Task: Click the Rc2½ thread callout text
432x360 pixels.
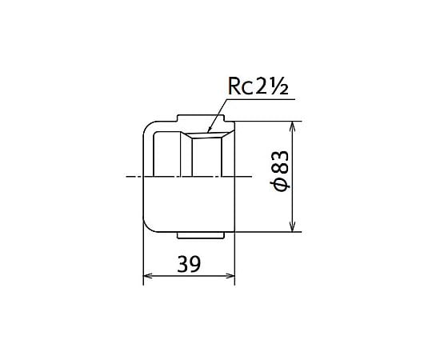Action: pyautogui.click(x=258, y=86)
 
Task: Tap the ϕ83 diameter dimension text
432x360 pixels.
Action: pyautogui.click(x=280, y=170)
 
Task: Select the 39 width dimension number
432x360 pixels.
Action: pyautogui.click(x=189, y=264)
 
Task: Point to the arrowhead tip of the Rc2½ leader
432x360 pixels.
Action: pyautogui.click(x=208, y=133)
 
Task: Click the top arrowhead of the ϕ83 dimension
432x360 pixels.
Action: pyautogui.click(x=293, y=122)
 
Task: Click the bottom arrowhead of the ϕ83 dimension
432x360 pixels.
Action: pyautogui.click(x=293, y=231)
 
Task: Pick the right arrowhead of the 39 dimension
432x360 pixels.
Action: pyautogui.click(x=234, y=276)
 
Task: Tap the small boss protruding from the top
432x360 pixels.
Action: pyautogui.click(x=201, y=118)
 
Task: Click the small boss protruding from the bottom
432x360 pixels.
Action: pyautogui.click(x=200, y=235)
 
